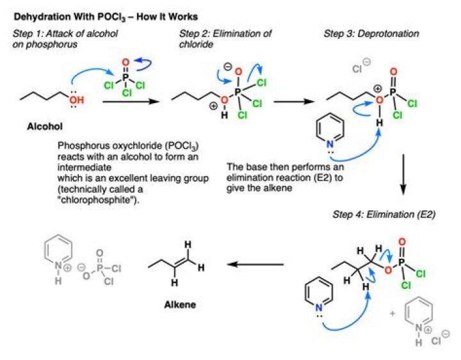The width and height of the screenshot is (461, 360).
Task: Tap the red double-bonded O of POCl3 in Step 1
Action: pos(125,63)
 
